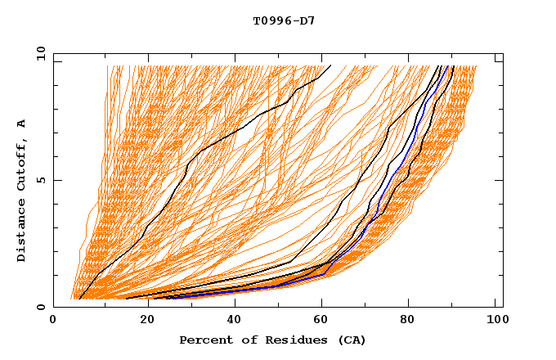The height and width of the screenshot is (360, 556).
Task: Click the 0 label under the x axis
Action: tap(53, 321)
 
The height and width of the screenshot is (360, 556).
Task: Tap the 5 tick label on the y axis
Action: tap(40, 180)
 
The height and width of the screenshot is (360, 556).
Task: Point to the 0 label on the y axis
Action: tap(40, 307)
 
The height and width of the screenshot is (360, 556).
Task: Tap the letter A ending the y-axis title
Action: tap(22, 124)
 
